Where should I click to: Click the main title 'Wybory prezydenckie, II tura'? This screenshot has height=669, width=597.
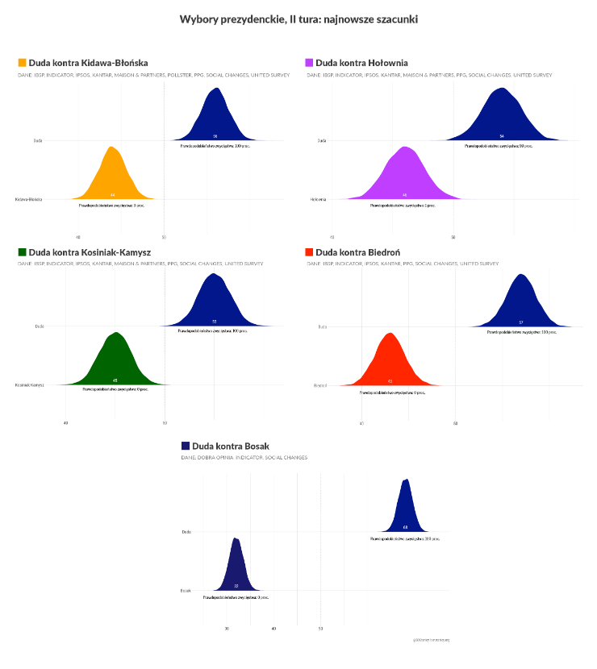pyautogui.click(x=298, y=18)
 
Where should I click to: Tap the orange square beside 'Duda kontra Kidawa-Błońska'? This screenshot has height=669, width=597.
pyautogui.click(x=22, y=62)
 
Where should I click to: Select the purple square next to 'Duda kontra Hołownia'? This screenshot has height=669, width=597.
pyautogui.click(x=310, y=62)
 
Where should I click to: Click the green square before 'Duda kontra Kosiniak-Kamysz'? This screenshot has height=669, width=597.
pyautogui.click(x=22, y=252)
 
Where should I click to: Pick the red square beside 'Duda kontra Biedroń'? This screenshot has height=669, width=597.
pyautogui.click(x=310, y=252)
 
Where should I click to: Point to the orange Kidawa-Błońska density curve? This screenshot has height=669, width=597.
pyautogui.click(x=112, y=177)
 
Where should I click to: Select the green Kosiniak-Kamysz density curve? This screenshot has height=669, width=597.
pyautogui.click(x=116, y=363)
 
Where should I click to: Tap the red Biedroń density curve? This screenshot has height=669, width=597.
pyautogui.click(x=390, y=363)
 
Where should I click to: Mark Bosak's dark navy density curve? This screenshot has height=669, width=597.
pyautogui.click(x=236, y=568)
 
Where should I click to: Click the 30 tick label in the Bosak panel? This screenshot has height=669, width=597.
pyautogui.click(x=227, y=629)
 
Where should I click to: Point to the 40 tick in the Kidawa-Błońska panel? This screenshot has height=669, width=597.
pyautogui.click(x=78, y=237)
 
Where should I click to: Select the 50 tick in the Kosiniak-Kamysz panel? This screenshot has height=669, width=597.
pyautogui.click(x=165, y=422)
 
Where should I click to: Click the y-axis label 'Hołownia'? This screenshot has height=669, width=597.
pyautogui.click(x=318, y=199)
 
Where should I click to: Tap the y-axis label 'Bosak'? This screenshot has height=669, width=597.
pyautogui.click(x=186, y=591)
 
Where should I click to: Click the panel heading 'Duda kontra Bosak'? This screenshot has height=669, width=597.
pyautogui.click(x=230, y=446)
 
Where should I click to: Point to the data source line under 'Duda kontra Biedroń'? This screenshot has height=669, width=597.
pyautogui.click(x=403, y=264)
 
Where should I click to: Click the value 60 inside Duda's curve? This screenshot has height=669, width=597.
pyautogui.click(x=405, y=527)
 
